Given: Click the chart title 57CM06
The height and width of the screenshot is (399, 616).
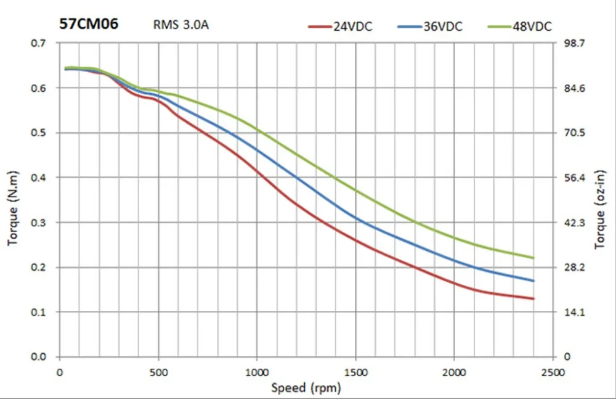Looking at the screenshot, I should point(89,24).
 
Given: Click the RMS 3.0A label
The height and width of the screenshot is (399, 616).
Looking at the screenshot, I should point(182,26).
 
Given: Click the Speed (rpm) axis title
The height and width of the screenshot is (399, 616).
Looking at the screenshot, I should point(306,388).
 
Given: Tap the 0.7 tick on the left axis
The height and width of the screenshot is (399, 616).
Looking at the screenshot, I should point(40,43).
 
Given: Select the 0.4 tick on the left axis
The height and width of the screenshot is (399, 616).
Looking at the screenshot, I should point(40,178).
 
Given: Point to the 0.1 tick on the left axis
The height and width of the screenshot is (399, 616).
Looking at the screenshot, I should point(40,312).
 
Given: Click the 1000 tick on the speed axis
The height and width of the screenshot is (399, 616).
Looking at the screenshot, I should point(257,372).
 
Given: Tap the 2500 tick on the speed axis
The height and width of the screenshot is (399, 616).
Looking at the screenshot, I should point(553,372).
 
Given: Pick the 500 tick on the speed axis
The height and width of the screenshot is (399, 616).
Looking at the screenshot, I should point(158,372).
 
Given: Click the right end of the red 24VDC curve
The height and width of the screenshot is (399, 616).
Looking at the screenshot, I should point(533,298).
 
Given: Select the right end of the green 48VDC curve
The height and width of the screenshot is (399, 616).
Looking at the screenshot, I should point(533,258).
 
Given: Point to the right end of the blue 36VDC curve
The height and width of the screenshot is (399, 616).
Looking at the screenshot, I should point(533,281).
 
